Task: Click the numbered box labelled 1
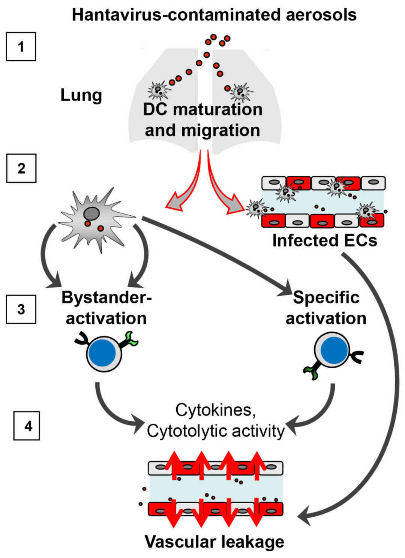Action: click(x=21, y=46)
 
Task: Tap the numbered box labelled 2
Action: click(x=21, y=168)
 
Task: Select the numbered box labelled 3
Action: click(x=21, y=309)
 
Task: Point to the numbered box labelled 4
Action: click(x=27, y=426)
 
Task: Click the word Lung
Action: click(x=81, y=95)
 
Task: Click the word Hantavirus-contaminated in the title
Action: click(x=165, y=15)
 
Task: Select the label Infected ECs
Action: click(x=324, y=240)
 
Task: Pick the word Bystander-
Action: click(x=106, y=297)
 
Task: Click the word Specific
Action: click(x=326, y=297)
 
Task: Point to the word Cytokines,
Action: click(x=216, y=410)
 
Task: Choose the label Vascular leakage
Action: click(x=214, y=542)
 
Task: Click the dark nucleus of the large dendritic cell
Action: click(x=91, y=214)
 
